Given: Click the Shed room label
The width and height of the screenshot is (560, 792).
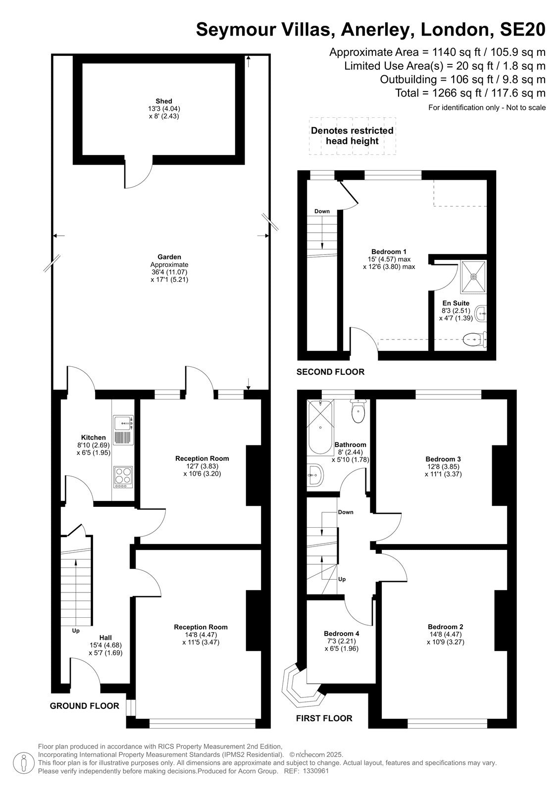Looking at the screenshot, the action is pos(164,101).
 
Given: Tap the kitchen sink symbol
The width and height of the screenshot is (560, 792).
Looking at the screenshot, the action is pos(123,429).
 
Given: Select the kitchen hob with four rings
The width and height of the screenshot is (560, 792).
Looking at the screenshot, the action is pos(123,477).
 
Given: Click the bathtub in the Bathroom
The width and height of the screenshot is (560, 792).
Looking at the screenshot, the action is pos(320,427).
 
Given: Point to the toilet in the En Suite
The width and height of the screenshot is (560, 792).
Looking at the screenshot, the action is pos(475,340).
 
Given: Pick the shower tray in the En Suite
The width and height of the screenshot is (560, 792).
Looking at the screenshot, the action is pos(473,277).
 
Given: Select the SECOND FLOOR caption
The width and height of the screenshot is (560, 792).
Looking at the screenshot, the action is pos(330,372).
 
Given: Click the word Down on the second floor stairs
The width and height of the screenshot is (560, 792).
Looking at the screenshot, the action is pos(322,211).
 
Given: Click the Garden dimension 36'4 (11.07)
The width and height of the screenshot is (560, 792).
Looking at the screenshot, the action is pos(169,272).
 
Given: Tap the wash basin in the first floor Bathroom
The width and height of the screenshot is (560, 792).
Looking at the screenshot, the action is pos(315,475).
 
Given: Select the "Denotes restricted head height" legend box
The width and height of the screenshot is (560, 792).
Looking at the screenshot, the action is pos(353,136).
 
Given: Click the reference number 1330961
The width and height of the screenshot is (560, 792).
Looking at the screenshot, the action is pos(315,771).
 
